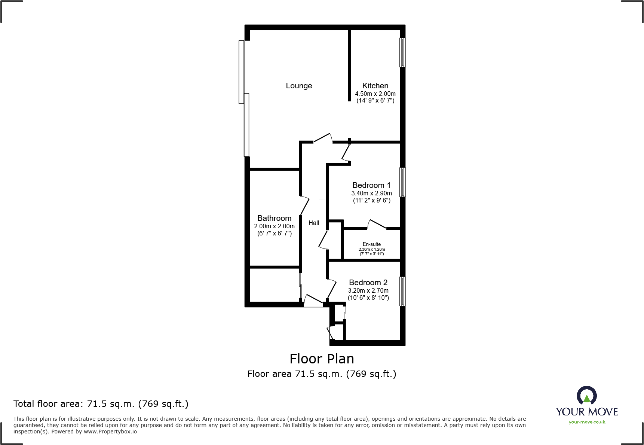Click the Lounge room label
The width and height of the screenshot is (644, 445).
click(x=299, y=86)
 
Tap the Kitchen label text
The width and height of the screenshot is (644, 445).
click(x=375, y=86)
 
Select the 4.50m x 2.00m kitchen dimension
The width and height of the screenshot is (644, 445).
click(x=375, y=94)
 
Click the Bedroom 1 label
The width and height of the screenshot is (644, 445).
click(x=371, y=185)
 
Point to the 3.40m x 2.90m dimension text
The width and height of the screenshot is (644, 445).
click(x=371, y=193)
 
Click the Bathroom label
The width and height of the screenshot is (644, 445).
click(x=274, y=218)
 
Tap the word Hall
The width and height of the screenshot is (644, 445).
click(x=314, y=223)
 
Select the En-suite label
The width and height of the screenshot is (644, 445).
click(x=371, y=244)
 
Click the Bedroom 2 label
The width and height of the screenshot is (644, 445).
click(x=368, y=283)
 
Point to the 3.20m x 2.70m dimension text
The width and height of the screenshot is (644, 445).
click(x=368, y=290)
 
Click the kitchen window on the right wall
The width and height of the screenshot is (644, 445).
click(x=402, y=52)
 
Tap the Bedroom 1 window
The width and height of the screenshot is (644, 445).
click(x=402, y=182)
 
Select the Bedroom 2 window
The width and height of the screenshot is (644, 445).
click(x=402, y=291)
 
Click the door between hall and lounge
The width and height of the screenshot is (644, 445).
click(x=323, y=138)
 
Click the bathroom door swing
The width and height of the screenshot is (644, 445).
click(x=305, y=206)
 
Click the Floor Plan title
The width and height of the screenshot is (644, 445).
click(x=322, y=359)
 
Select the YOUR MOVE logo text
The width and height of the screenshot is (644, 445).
click(x=586, y=412)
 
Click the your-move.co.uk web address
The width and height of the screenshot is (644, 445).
click(x=586, y=422)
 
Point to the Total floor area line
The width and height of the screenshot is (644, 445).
click(x=101, y=404)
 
